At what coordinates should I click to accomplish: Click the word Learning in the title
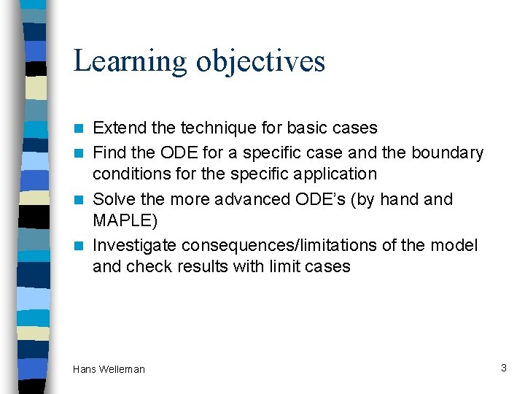click(x=131, y=61)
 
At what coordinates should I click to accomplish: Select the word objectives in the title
click(x=260, y=61)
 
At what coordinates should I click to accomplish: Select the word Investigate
click(x=135, y=246)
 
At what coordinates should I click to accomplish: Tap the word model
click(x=457, y=245)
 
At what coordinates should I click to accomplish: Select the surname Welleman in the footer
click(x=122, y=369)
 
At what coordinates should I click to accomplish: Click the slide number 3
click(x=503, y=368)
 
